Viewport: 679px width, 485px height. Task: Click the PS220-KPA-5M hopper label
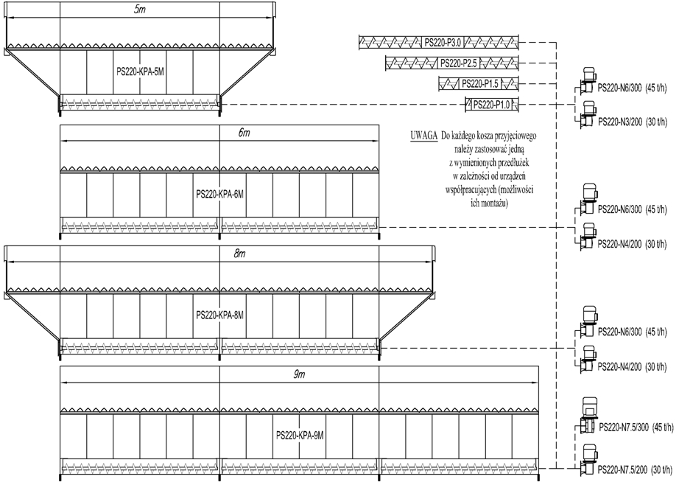[141, 72]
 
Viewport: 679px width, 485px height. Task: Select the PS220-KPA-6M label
[220, 195]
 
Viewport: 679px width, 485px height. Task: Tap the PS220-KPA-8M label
[220, 315]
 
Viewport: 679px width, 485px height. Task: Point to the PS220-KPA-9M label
[300, 436]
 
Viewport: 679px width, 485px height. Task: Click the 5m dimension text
[140, 10]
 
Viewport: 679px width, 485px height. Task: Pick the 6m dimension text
[244, 133]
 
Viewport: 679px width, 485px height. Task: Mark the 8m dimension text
[240, 254]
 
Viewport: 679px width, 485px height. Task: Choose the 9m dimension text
[300, 374]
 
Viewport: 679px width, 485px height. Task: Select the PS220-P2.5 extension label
[459, 63]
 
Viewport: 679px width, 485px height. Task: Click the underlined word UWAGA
[424, 136]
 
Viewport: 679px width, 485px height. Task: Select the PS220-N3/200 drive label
[619, 122]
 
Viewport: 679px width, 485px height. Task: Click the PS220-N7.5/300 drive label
[624, 428]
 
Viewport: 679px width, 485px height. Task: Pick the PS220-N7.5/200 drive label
[623, 470]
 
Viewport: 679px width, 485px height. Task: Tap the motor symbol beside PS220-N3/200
[586, 114]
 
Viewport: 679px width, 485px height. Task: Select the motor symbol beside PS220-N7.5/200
[586, 459]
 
